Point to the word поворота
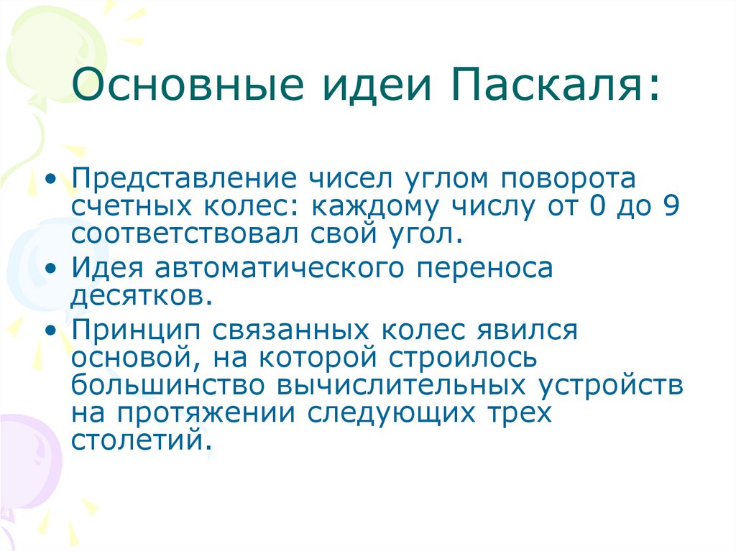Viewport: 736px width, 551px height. coord(569,178)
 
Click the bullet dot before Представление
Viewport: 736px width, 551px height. coord(50,179)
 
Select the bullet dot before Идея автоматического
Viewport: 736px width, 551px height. coord(50,269)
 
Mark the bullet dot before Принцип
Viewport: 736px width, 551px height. coord(50,330)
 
